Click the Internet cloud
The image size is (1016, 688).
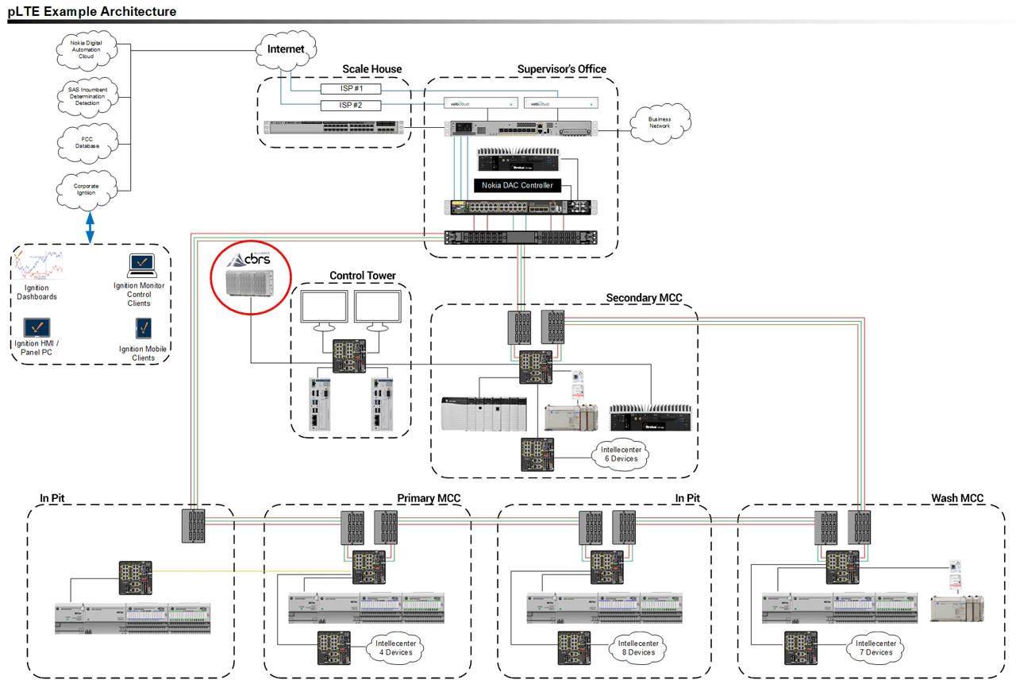[x=286, y=49]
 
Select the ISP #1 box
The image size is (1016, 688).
[x=351, y=88]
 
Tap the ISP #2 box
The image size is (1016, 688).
[x=351, y=105]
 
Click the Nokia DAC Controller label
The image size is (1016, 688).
[x=517, y=185]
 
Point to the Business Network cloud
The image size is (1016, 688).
[x=660, y=122]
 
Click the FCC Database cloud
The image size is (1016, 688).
[x=88, y=142]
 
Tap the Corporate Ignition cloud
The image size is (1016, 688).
[x=88, y=189]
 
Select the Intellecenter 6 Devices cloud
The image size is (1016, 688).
[x=620, y=454]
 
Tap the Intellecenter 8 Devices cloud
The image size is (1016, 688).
[x=636, y=647]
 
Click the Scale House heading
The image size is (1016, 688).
[x=371, y=69]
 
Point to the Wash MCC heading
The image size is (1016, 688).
[x=956, y=498]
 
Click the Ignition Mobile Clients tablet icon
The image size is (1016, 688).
[x=144, y=328]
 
